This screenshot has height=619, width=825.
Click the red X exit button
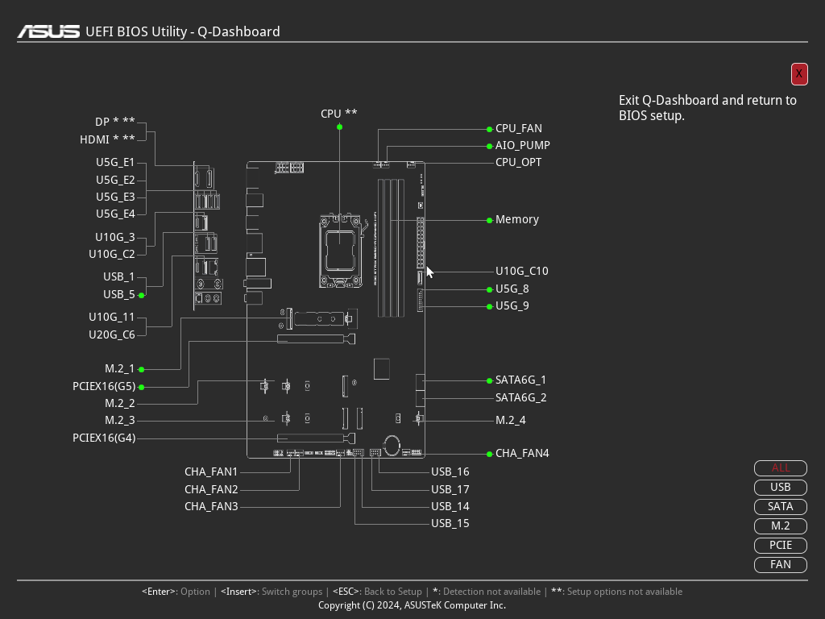[x=799, y=73]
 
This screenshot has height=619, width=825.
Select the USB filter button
[x=780, y=487]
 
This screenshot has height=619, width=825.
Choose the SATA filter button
[x=780, y=506]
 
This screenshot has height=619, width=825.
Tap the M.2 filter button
[x=780, y=526]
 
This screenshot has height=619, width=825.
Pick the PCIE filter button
[x=780, y=545]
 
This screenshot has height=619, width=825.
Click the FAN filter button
[x=780, y=564]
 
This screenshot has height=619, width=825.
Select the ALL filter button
[x=780, y=467]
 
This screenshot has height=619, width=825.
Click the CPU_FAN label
[x=518, y=128]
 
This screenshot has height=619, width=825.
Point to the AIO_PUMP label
[x=522, y=145]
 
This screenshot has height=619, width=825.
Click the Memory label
[x=516, y=219]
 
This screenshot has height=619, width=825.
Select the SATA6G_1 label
[x=520, y=380]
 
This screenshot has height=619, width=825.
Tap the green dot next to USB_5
[x=142, y=295]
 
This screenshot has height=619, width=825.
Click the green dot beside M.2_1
[x=142, y=369]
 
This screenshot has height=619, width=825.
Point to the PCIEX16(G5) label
[x=104, y=386]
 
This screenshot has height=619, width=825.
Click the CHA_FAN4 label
[x=522, y=453]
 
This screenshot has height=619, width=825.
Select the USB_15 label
[x=450, y=523]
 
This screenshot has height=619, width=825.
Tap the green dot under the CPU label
[x=339, y=127]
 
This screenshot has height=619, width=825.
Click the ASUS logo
[x=49, y=31]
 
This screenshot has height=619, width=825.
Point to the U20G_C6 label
[x=111, y=334]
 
